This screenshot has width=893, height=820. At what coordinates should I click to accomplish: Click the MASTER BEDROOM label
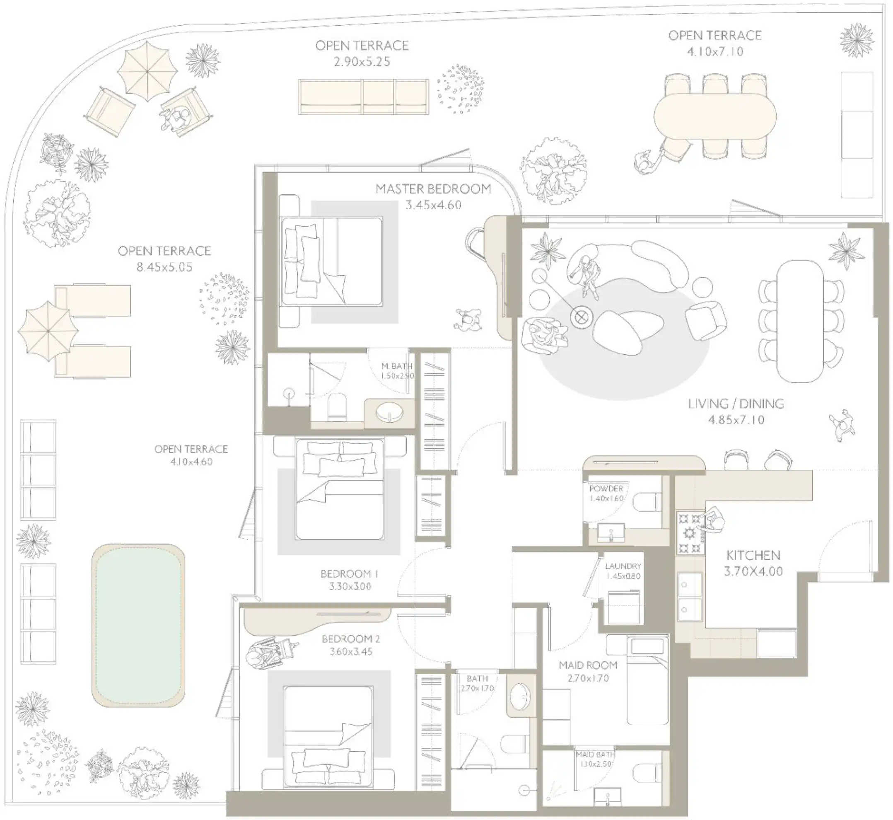[x=433, y=189]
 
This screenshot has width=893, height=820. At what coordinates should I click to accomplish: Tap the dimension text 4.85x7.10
[x=736, y=420]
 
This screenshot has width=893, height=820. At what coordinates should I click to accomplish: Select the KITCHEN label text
[x=753, y=555]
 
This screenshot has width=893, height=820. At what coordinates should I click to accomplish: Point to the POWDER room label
[x=606, y=489]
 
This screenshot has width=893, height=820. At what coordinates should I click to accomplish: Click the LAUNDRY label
[x=623, y=566]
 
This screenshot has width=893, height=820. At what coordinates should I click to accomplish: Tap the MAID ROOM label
[x=588, y=665]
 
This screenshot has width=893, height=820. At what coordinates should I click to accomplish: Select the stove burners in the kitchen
[x=690, y=532]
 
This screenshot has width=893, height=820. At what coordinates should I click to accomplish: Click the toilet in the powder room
[x=647, y=503]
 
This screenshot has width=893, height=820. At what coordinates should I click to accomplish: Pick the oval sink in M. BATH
[x=389, y=413]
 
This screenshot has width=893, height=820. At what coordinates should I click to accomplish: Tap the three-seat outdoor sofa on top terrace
[x=363, y=97]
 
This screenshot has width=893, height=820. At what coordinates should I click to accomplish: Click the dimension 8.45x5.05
[x=164, y=267]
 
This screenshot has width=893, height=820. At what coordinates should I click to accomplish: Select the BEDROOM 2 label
[x=350, y=639]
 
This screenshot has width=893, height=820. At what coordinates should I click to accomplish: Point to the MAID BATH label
[x=595, y=755]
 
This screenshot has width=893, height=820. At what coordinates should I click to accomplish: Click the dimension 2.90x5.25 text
[x=362, y=62]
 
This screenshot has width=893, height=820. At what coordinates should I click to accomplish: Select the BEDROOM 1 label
[x=350, y=574]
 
